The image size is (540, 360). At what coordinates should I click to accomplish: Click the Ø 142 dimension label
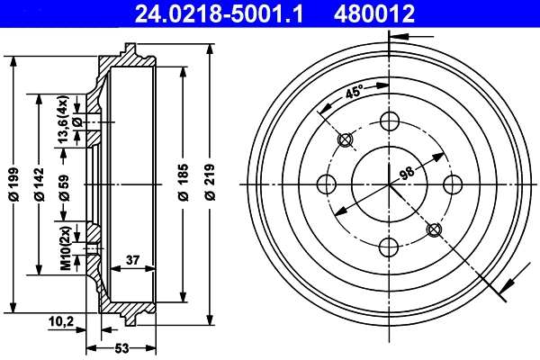click(40, 184)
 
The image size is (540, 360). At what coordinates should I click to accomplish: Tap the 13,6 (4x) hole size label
click(63, 120)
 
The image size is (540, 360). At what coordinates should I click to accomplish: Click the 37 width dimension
click(133, 260)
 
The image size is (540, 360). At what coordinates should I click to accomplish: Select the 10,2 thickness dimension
click(61, 319)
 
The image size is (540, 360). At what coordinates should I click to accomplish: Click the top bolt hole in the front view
click(389, 121)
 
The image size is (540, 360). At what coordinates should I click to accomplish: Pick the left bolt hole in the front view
click(327, 184)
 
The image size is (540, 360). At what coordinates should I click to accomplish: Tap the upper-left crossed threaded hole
click(345, 140)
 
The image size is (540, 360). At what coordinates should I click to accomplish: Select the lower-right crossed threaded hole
click(434, 229)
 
